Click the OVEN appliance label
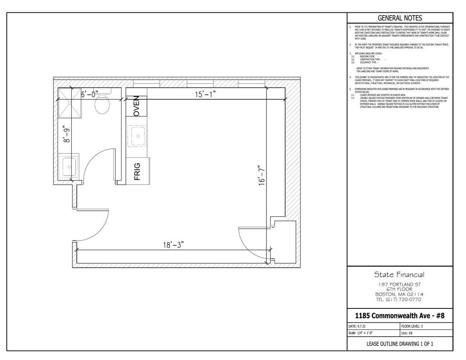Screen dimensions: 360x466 click(136, 106)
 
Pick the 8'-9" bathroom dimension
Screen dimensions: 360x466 click(65, 134)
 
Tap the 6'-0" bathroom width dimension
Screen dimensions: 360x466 click(90, 94)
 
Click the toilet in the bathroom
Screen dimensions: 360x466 click(102, 104)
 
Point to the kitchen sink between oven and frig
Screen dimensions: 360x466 click(137, 136)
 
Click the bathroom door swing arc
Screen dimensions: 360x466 click(97, 162)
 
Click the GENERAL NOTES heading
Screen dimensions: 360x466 click(400, 18)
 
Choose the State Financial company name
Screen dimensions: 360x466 click(399, 275)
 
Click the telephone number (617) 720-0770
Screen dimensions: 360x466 click(399, 299)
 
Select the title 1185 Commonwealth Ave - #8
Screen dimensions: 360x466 click(399, 316)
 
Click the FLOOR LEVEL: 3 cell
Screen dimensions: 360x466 click(412, 326)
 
